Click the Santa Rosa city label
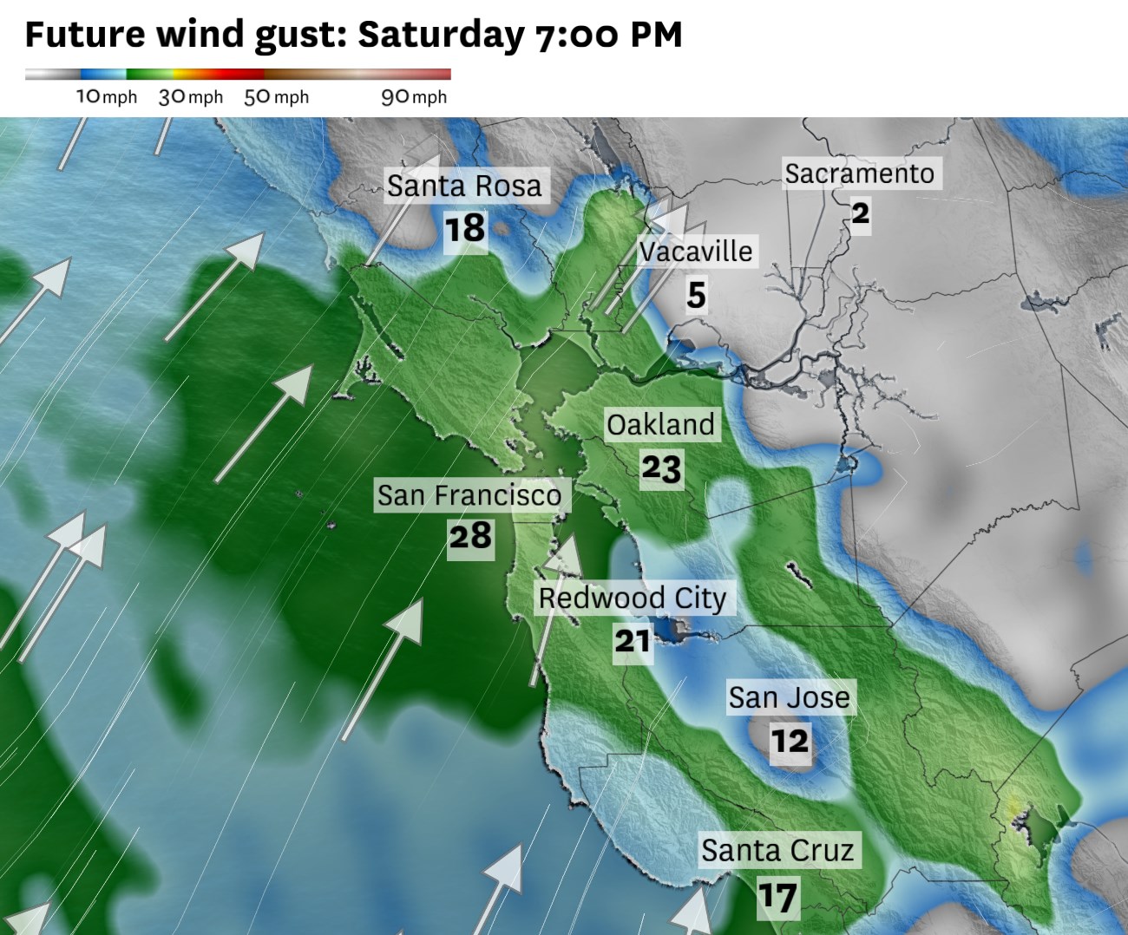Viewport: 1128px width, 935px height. coord(464,186)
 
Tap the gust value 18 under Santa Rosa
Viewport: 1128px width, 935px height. coord(465,229)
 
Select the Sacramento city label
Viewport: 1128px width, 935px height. coord(859,173)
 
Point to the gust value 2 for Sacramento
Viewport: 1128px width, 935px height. coord(860,213)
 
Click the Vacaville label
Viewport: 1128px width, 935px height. coord(696,252)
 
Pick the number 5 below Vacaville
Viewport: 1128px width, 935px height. coord(696,295)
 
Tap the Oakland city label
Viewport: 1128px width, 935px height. coord(660,425)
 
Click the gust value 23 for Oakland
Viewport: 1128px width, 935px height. coord(661,468)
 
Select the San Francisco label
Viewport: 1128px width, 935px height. coord(469,495)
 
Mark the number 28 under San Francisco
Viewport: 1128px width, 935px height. coord(470,536)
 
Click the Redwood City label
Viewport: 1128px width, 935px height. coord(633,598)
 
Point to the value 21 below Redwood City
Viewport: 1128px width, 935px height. coord(633,641)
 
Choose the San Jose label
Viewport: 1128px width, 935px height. coord(789,697)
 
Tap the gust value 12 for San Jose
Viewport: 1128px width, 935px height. coord(790,741)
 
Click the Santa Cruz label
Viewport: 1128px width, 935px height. coord(777,850)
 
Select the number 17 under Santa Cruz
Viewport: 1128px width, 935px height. coord(777,897)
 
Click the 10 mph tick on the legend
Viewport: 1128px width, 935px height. coord(106,96)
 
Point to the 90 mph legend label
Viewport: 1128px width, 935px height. coord(414,96)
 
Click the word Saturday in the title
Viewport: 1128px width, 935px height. coord(441,35)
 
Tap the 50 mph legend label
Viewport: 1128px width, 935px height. coord(276,96)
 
